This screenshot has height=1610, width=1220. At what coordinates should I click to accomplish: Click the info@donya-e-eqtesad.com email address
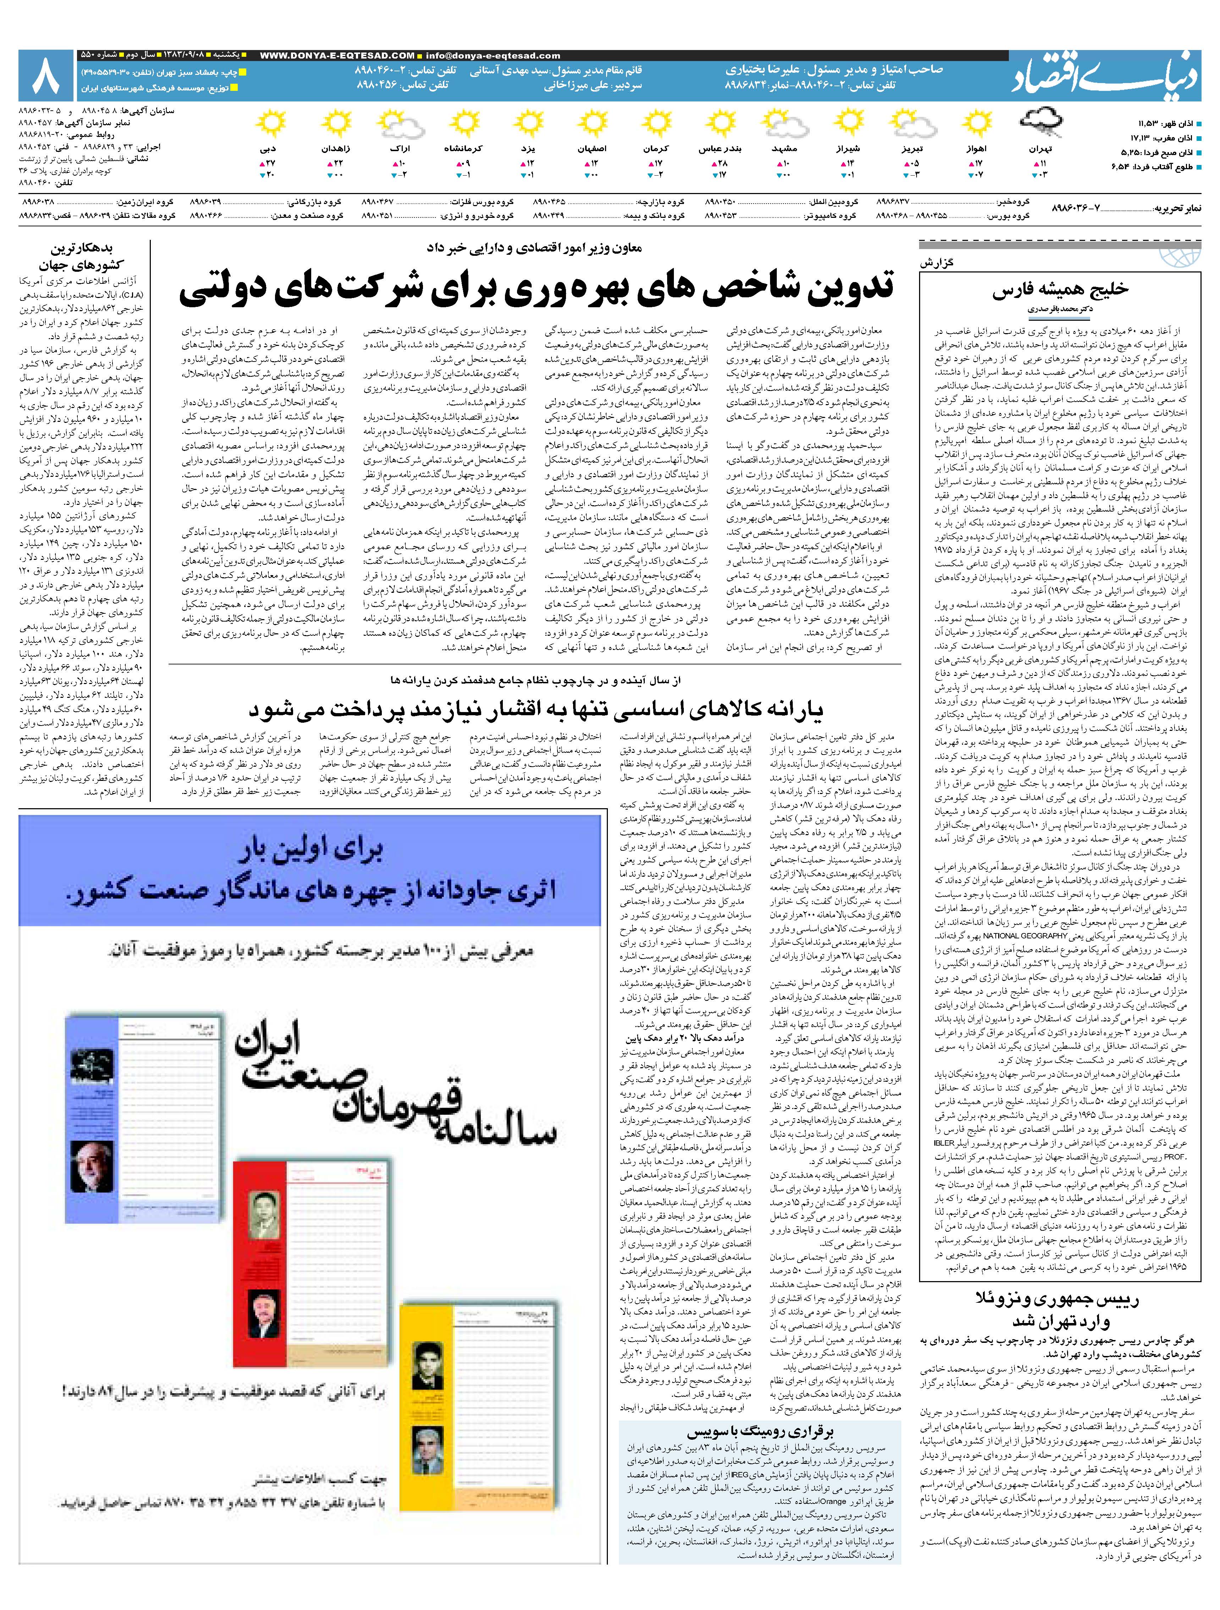point(494,55)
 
